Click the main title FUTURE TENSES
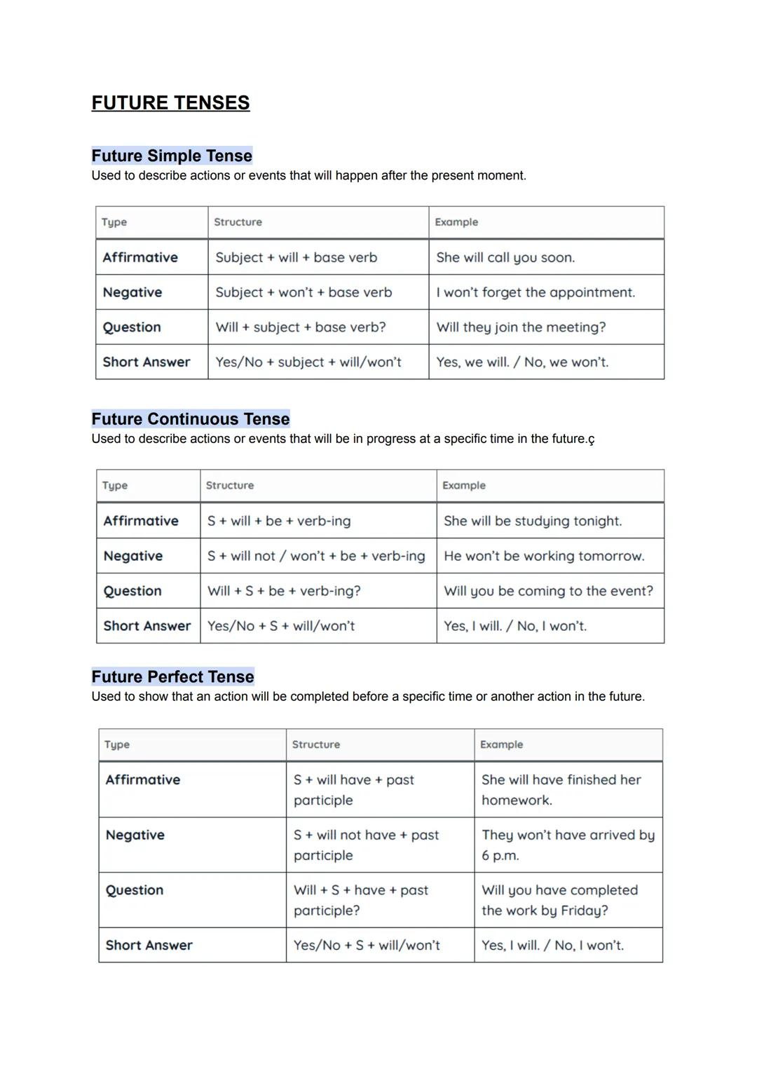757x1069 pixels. point(170,103)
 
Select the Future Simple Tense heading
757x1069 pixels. point(172,156)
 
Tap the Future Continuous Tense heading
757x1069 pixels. point(190,419)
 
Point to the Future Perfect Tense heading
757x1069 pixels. point(172,676)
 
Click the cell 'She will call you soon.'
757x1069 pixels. point(505,257)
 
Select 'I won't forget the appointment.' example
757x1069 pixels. point(536,292)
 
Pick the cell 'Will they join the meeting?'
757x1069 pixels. point(521,327)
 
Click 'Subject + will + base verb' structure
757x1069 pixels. point(296,257)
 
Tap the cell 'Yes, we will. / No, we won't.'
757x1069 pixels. point(522,362)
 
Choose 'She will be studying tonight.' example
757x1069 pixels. point(533,521)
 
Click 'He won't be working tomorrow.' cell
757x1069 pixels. point(544,556)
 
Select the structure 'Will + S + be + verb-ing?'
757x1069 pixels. point(284,591)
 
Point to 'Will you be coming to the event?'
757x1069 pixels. point(548,591)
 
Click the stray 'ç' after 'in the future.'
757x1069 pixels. point(591,440)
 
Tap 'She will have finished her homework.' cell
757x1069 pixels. point(561,789)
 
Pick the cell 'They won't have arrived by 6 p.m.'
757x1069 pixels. point(568,845)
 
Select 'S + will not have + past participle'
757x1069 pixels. point(366,845)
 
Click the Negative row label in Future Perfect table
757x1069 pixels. point(135,835)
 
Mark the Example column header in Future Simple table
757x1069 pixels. point(456,222)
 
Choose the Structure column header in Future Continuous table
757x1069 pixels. point(230,485)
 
